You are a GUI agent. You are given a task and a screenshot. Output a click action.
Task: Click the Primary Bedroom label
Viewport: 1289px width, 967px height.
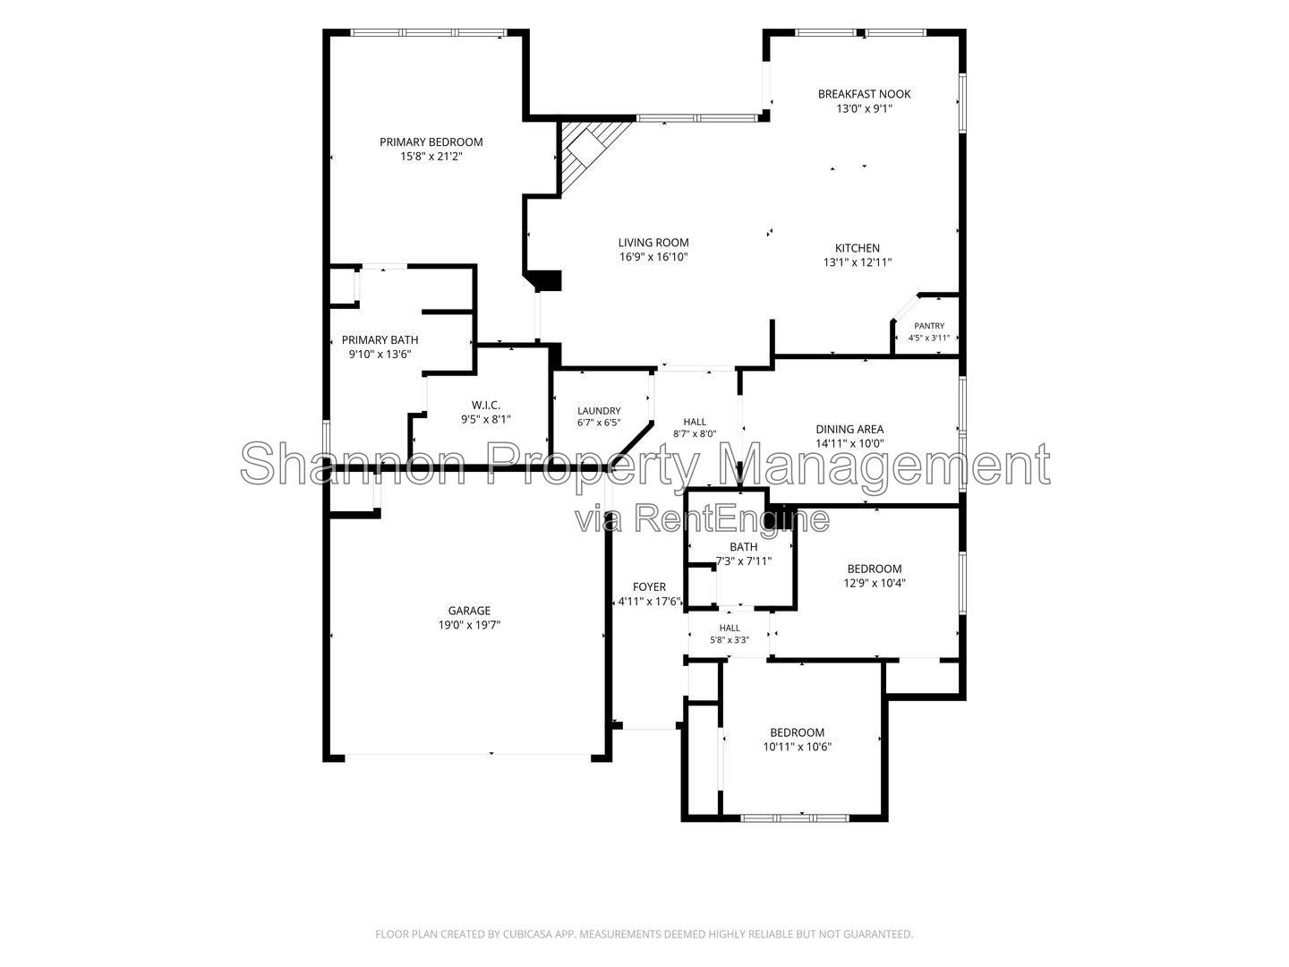pyautogui.click(x=431, y=142)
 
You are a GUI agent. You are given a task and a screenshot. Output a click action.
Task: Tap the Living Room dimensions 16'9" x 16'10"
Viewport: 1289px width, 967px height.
pyautogui.click(x=653, y=257)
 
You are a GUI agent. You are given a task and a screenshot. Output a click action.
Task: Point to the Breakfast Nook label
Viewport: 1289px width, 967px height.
pyautogui.click(x=864, y=94)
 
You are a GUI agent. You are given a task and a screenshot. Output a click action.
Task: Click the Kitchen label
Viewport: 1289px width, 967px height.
pyautogui.click(x=858, y=248)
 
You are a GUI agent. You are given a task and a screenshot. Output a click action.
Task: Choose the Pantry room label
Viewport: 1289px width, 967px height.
pyautogui.click(x=929, y=326)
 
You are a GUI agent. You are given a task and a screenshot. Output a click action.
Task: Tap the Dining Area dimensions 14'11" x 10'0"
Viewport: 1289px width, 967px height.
pyautogui.click(x=849, y=444)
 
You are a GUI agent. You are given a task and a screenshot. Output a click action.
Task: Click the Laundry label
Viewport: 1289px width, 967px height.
pyautogui.click(x=599, y=411)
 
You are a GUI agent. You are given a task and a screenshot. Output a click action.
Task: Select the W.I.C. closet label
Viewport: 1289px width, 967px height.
pyautogui.click(x=486, y=405)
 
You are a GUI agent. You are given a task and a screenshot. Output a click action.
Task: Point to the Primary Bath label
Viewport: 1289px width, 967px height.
pyautogui.click(x=380, y=340)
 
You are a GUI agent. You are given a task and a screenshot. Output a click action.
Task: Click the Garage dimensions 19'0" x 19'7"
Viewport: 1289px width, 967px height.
pyautogui.click(x=469, y=625)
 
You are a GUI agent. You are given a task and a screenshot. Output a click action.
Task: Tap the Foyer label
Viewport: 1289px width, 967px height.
pyautogui.click(x=649, y=587)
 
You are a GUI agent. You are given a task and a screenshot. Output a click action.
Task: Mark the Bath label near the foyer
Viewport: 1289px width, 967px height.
pyautogui.click(x=744, y=547)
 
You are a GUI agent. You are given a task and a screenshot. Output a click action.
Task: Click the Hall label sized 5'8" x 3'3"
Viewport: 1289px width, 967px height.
pyautogui.click(x=730, y=628)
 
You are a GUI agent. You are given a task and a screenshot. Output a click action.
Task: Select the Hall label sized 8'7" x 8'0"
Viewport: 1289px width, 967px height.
pyautogui.click(x=695, y=422)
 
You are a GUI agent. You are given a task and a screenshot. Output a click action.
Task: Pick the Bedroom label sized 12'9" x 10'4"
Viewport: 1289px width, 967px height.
pyautogui.click(x=875, y=569)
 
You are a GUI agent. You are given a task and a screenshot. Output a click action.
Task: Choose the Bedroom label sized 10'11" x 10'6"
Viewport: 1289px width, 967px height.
pyautogui.click(x=797, y=732)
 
